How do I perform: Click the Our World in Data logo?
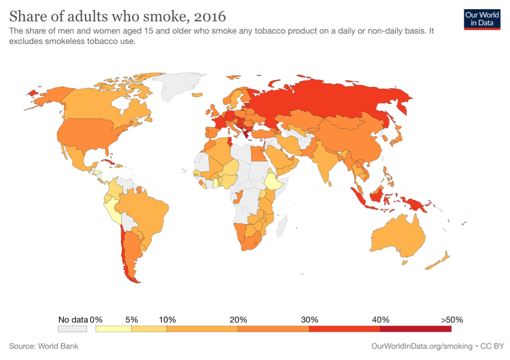pyautogui.click(x=482, y=18)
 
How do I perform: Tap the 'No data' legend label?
pyautogui.click(x=73, y=319)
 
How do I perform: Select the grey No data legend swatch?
pyautogui.click(x=73, y=329)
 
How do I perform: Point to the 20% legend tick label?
pyautogui.click(x=238, y=319)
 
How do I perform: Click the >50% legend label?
pyautogui.click(x=451, y=319)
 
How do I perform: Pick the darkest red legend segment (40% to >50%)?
pyautogui.click(x=415, y=329)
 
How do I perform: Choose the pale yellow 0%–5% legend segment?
pyautogui.click(x=113, y=329)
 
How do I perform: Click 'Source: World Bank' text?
pyautogui.click(x=44, y=346)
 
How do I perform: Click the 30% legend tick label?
pyautogui.click(x=309, y=319)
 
